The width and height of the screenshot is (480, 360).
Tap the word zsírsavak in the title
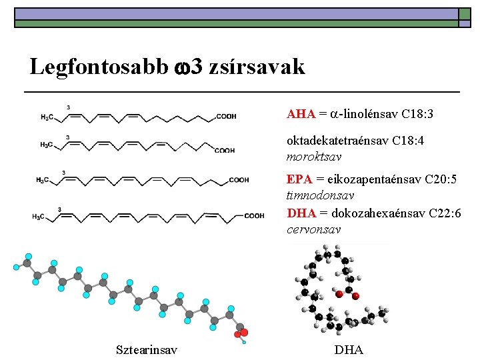coord(257,67)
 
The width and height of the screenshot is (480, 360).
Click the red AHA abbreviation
coord(301,114)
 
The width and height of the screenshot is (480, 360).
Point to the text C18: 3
coord(418,114)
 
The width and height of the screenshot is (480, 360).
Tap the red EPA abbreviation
coord(300,179)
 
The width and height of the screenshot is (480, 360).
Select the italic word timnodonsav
coord(320,196)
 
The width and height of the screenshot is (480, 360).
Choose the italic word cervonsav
coord(313,229)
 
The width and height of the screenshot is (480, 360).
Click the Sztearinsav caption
coord(147,349)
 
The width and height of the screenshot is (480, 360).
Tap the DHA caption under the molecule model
coord(349,349)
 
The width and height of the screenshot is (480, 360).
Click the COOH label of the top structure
coord(226,117)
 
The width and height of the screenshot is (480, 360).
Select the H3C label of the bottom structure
coord(40,216)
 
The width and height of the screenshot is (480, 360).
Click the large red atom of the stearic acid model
coord(244,332)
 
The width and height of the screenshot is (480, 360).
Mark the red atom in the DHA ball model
coord(339,293)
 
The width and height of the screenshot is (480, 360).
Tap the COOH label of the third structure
coord(239,180)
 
